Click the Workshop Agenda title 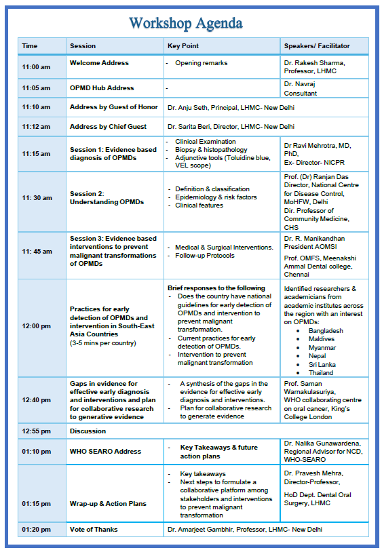click(x=185, y=23)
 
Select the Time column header click(x=30, y=46)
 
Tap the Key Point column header click(x=183, y=46)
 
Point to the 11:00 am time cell click(x=36, y=67)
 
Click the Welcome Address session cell click(x=99, y=63)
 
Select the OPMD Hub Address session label click(x=102, y=88)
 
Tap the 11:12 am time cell click(x=36, y=127)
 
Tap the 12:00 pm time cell click(x=36, y=326)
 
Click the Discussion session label click(x=88, y=431)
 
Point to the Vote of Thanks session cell click(x=94, y=529)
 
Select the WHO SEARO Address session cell click(x=105, y=452)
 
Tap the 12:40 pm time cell click(x=36, y=400)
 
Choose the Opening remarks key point click(x=201, y=63)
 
